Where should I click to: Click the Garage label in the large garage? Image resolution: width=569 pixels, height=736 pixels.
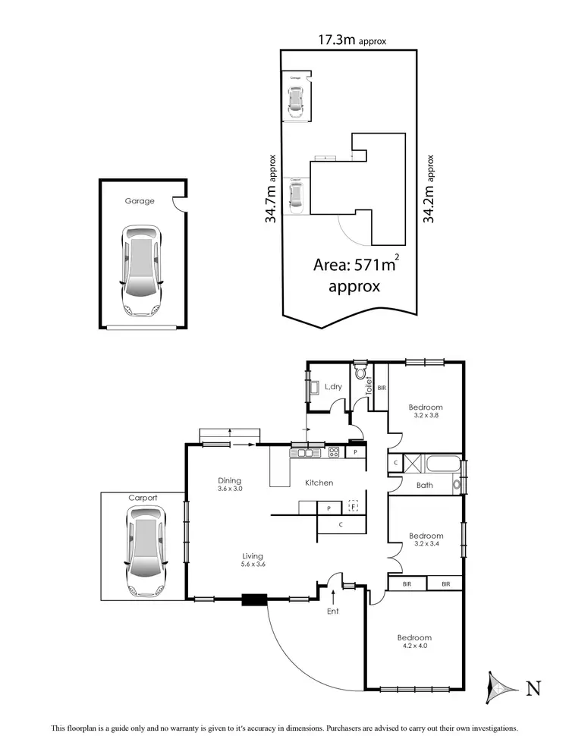click(x=140, y=201)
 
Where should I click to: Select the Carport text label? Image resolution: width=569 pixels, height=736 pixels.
click(x=143, y=498)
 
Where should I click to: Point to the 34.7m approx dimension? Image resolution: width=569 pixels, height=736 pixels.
click(x=270, y=190)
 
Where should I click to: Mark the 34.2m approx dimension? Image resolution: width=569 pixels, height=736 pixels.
click(x=429, y=188)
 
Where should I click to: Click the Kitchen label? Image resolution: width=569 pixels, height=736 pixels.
click(x=319, y=483)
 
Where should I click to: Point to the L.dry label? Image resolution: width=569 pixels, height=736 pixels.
click(x=333, y=387)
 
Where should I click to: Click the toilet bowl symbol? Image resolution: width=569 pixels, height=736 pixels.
click(x=360, y=373)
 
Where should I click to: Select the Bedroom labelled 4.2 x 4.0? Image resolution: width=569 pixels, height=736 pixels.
click(x=414, y=642)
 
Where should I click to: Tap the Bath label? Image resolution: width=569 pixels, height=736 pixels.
click(x=425, y=485)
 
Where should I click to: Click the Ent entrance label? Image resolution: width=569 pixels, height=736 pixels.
click(x=333, y=611)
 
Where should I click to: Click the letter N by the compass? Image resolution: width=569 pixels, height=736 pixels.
click(x=533, y=688)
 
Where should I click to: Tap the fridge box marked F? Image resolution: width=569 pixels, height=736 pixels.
click(x=353, y=505)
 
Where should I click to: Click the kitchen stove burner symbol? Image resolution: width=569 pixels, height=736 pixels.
click(x=333, y=453)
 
